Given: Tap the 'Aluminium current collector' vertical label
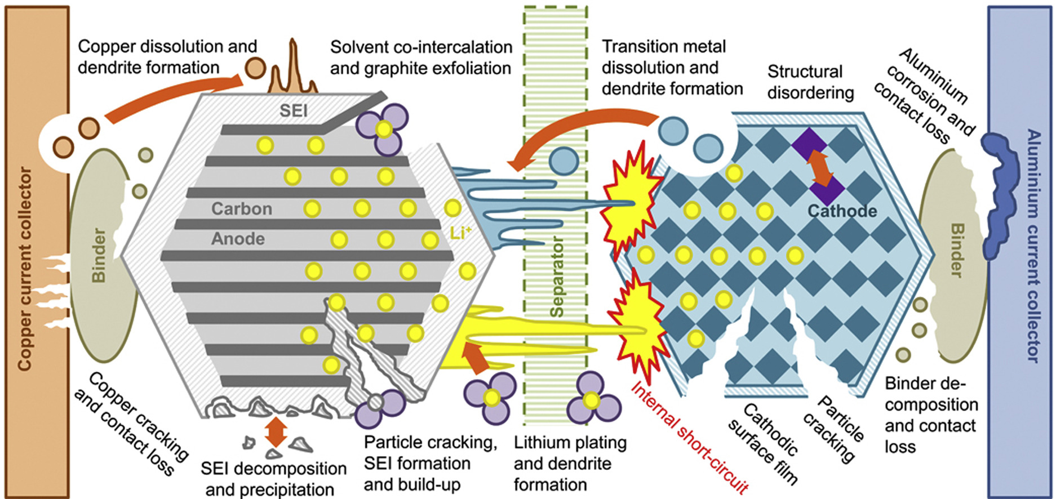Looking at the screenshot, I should pos(1031,246).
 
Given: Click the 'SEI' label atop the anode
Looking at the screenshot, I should pos(294,110).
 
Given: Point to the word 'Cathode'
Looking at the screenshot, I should pos(842,211).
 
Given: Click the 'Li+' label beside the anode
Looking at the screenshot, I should pos(460,233).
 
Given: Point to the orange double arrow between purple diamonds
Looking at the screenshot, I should pos(820,167).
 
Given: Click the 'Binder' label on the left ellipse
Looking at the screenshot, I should pos(99,255).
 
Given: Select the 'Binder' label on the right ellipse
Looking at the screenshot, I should pos(956,250).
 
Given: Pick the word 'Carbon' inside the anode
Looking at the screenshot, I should pos(242,209).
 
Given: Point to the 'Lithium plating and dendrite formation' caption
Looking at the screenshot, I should pos(569,464).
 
